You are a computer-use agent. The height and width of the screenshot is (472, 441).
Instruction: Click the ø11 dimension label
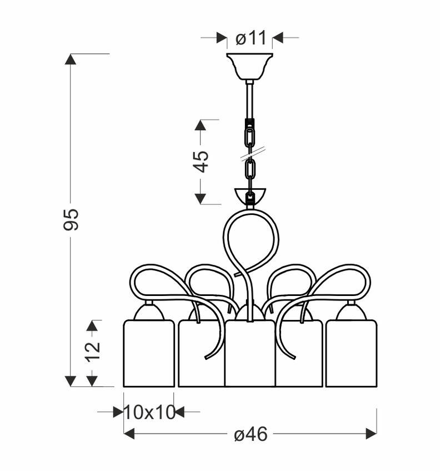point(250,38)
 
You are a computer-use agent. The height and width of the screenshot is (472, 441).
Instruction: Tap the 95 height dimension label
point(71,219)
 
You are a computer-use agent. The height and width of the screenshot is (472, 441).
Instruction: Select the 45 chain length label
point(202,162)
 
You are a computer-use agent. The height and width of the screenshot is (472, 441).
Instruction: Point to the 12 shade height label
point(92,352)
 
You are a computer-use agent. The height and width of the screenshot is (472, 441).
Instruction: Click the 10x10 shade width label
point(149,412)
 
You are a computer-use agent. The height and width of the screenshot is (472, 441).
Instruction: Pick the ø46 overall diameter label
point(250,434)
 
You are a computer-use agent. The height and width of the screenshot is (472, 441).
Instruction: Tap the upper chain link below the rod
point(249,137)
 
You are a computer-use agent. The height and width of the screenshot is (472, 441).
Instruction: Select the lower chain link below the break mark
point(250,170)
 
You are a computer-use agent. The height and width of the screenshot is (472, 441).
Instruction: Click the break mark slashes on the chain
point(252,153)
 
